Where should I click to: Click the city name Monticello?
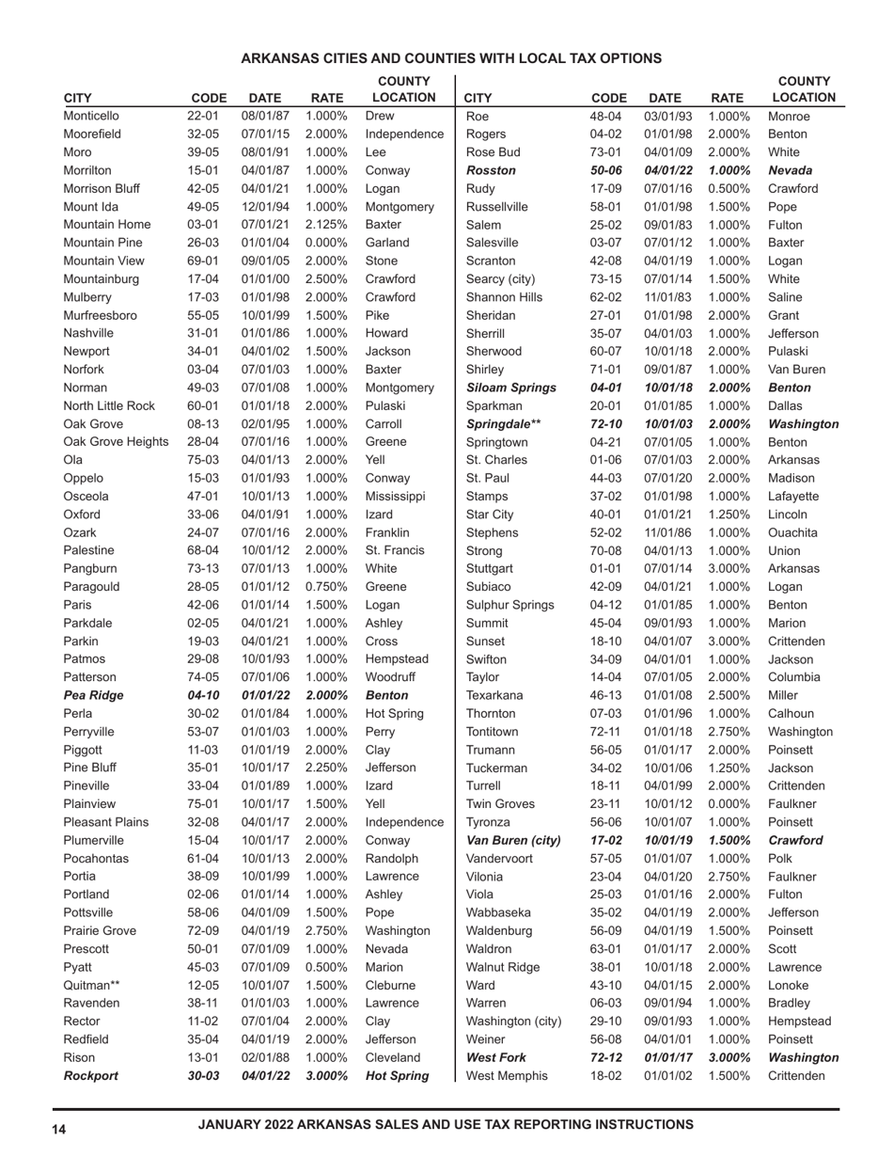point(91,117)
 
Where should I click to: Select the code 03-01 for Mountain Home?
point(202,225)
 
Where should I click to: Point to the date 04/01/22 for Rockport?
point(265,1075)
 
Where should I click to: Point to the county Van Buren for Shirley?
point(798,370)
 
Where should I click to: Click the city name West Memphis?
point(506,1075)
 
